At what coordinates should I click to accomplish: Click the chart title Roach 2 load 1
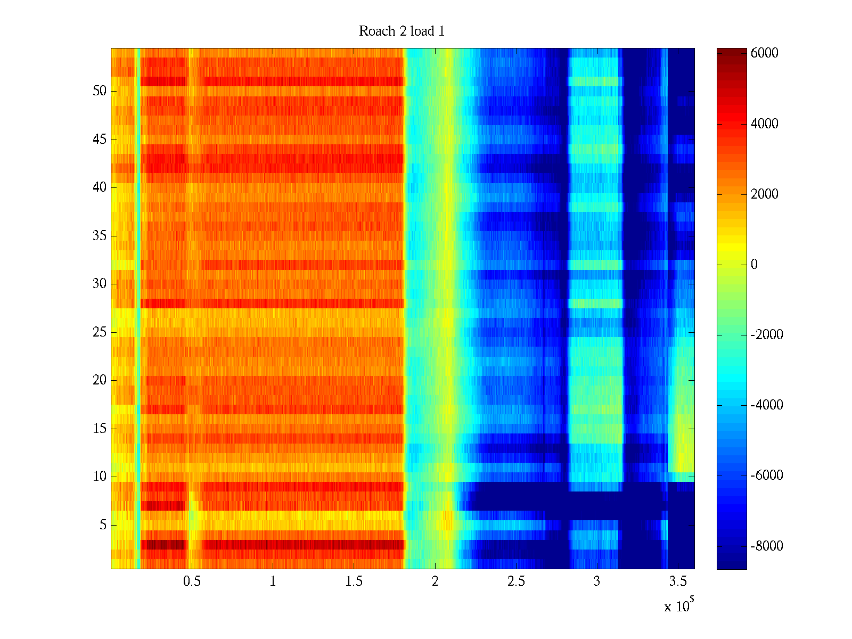coord(402,31)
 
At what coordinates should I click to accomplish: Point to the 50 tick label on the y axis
coord(100,91)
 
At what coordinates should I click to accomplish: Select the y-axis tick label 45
coord(100,140)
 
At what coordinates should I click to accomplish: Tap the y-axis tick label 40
coord(100,187)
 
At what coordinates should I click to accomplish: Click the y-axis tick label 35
coord(100,236)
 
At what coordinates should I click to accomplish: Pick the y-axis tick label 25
coord(100,332)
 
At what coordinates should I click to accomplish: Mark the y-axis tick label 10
coord(100,477)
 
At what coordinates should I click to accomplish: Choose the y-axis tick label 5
coord(103,525)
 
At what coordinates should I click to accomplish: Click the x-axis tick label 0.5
coord(192,581)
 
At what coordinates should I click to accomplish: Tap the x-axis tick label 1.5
coord(354,581)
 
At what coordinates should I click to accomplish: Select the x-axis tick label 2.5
coord(515,581)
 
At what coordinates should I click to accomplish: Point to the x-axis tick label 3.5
coord(677,581)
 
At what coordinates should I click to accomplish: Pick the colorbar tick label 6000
coord(765,53)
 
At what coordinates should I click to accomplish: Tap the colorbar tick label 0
coord(754,265)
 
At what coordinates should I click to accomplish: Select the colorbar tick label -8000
coord(767,546)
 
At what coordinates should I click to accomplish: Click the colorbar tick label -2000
coord(767,335)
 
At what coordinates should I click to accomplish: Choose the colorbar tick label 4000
coord(765,124)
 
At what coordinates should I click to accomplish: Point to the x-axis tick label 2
coord(435,581)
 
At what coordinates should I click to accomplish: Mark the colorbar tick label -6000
coord(767,476)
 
